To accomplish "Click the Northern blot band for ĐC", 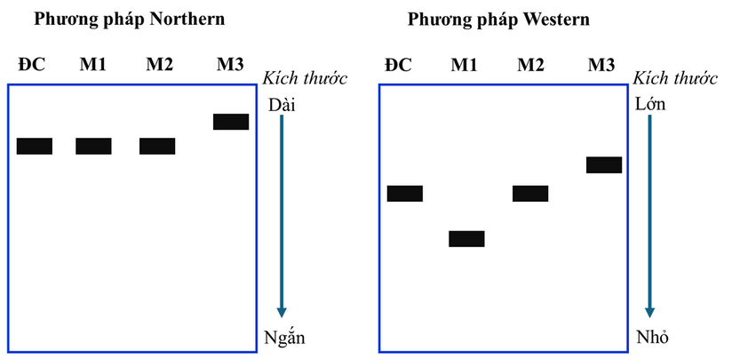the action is (35, 146).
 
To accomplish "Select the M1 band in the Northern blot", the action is (93, 146).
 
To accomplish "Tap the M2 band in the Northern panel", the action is (157, 146).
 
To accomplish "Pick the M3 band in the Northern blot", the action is (231, 122).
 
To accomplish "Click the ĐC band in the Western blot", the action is (405, 193).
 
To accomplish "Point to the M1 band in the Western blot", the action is (466, 238).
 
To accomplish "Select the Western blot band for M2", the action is (530, 193).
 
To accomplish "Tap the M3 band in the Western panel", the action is (604, 164).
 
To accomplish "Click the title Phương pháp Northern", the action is (130, 20).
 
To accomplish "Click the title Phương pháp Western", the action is (498, 20).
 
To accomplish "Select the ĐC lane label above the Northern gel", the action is (32, 64).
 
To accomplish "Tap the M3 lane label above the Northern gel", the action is (230, 64).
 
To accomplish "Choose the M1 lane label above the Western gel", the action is (464, 65).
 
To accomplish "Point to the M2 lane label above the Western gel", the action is (530, 65).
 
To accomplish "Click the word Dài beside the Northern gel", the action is (282, 105).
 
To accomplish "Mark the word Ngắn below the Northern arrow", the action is (284, 337).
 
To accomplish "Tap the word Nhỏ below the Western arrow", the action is (652, 337).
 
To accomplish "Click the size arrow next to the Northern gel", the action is (282, 216).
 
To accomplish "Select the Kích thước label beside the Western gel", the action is (675, 78).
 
